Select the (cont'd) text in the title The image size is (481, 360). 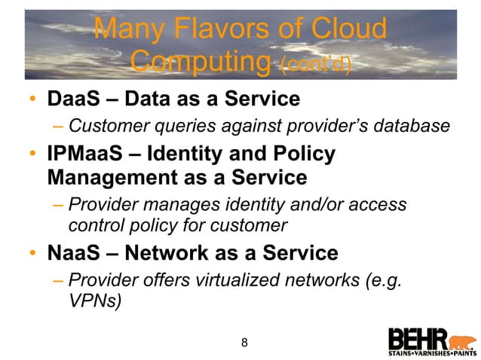pyautogui.click(x=314, y=64)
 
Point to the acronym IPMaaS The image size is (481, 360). pyautogui.click(x=88, y=154)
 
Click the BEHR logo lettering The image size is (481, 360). pyautogui.click(x=418, y=338)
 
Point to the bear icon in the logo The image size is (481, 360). pyautogui.click(x=461, y=339)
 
